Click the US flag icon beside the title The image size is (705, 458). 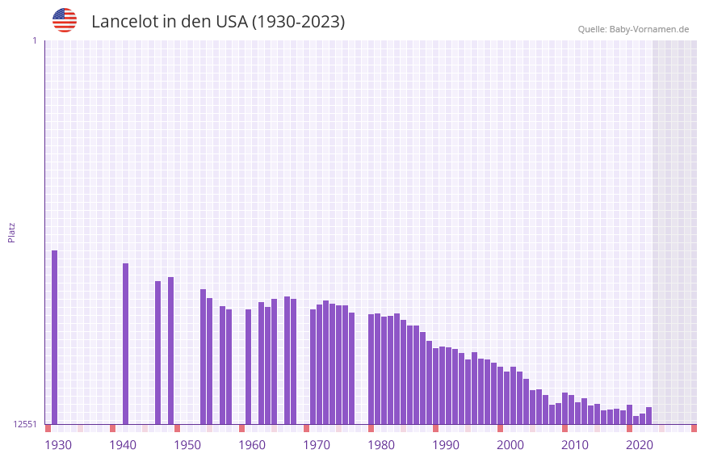click(65, 20)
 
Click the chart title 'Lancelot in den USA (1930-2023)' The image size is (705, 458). click(218, 22)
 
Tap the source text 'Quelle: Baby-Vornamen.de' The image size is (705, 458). click(633, 29)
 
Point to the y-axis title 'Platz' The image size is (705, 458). click(11, 232)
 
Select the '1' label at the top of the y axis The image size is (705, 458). click(34, 40)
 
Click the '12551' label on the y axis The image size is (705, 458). click(25, 424)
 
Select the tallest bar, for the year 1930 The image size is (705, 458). click(55, 337)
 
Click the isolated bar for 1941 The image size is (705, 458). click(126, 343)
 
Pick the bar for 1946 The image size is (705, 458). click(158, 352)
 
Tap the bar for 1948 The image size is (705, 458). click(171, 351)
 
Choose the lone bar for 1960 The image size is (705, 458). click(249, 367)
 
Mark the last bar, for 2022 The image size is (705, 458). click(649, 416)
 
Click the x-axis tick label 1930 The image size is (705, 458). click(58, 445)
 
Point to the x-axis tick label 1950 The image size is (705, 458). click(187, 445)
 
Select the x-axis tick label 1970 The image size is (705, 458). click(317, 445)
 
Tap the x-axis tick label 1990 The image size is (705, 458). click(446, 445)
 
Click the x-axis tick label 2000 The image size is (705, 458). click(510, 445)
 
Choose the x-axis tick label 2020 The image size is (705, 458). click(640, 445)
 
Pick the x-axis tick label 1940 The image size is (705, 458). click(123, 445)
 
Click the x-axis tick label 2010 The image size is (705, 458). click(575, 445)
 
